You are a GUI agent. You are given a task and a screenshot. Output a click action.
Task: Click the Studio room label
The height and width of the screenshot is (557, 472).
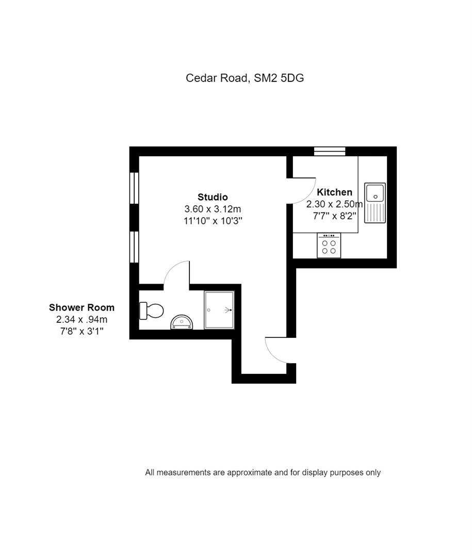pyautogui.click(x=213, y=197)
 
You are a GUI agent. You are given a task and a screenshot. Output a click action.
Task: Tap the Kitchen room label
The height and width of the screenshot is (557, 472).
pyautogui.click(x=334, y=192)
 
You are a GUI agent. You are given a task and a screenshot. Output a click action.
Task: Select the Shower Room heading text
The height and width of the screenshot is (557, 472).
pyautogui.click(x=82, y=307)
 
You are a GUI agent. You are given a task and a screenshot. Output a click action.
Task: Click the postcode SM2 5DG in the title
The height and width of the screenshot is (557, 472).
pyautogui.click(x=279, y=78)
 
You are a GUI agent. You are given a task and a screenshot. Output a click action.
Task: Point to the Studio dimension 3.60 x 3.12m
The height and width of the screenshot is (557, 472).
pyautogui.click(x=213, y=209)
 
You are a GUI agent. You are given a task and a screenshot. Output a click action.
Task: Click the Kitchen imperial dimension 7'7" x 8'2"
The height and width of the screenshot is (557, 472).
pyautogui.click(x=334, y=216)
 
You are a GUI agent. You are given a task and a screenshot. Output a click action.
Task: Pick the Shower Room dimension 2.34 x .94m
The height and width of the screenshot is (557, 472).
pyautogui.click(x=82, y=319)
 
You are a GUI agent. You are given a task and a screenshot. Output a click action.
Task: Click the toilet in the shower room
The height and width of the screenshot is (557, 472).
pyautogui.click(x=152, y=311)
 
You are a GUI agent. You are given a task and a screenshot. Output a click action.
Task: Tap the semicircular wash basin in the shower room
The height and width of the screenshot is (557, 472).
pyautogui.click(x=182, y=322)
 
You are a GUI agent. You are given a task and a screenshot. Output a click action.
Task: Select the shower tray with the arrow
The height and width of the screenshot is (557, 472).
pyautogui.click(x=219, y=310)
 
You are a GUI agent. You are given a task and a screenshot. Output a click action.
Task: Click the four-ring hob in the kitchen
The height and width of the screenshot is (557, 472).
pyautogui.click(x=329, y=245)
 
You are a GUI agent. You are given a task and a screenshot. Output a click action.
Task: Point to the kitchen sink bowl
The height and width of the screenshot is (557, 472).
pyautogui.click(x=375, y=192)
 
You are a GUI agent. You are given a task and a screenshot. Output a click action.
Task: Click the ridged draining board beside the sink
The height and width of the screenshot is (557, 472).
pyautogui.click(x=375, y=212)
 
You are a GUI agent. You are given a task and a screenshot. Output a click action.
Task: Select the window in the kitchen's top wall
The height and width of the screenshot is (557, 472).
pyautogui.click(x=330, y=151)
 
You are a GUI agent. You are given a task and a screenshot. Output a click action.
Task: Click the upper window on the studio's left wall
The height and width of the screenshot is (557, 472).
pyautogui.click(x=134, y=188)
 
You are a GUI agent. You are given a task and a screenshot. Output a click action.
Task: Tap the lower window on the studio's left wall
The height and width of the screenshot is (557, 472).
pyautogui.click(x=134, y=247)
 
